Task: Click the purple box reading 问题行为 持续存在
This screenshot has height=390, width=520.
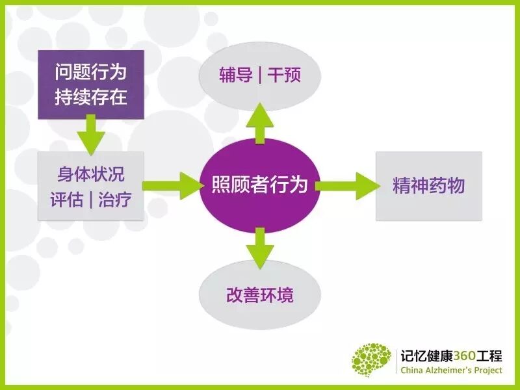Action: click(x=90, y=84)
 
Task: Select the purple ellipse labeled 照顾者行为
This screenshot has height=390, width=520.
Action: click(x=260, y=186)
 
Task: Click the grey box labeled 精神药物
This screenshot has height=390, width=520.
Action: click(x=429, y=186)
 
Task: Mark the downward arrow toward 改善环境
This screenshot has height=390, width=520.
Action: click(x=260, y=247)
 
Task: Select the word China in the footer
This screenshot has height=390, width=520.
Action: click(x=413, y=370)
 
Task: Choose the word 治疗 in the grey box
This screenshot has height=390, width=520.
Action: click(x=115, y=199)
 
